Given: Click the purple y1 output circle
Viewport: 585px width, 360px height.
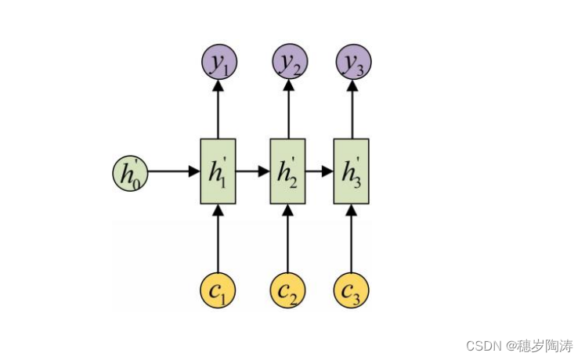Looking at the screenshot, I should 218,62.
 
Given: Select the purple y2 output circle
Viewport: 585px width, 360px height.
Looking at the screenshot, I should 289,62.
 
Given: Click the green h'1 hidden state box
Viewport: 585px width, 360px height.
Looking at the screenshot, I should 218,171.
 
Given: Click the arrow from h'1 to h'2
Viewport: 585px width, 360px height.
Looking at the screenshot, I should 254,171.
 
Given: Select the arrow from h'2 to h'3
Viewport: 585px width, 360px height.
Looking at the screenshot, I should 320,171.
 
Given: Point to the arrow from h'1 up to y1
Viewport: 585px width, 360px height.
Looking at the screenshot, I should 218,109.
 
